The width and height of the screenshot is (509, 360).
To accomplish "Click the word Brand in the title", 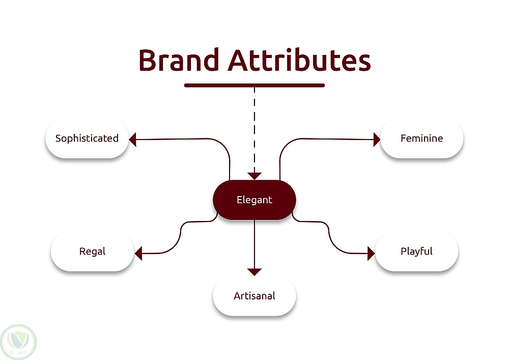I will point(178,60).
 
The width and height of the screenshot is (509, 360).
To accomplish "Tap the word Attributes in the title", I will point(299,60).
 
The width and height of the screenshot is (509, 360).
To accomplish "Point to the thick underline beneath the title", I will point(254,85).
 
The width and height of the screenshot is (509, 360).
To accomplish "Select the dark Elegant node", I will point(254,200).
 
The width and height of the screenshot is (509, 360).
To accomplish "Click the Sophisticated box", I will point(87,139).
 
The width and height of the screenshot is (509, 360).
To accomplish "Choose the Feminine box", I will point(421,139).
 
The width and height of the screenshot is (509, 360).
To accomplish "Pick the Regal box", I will point(92,252).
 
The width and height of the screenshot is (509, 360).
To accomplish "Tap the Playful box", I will point(416,252).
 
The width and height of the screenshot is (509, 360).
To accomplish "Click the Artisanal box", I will point(254,296).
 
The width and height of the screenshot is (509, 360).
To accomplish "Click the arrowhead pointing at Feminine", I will point(377,139).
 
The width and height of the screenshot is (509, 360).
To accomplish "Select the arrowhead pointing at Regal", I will point(138,253).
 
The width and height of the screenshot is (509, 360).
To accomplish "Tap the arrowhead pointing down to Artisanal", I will point(254,272).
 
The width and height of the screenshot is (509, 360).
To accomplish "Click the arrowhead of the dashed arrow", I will point(254,176).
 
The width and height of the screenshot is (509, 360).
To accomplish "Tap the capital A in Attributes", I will point(239,60).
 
